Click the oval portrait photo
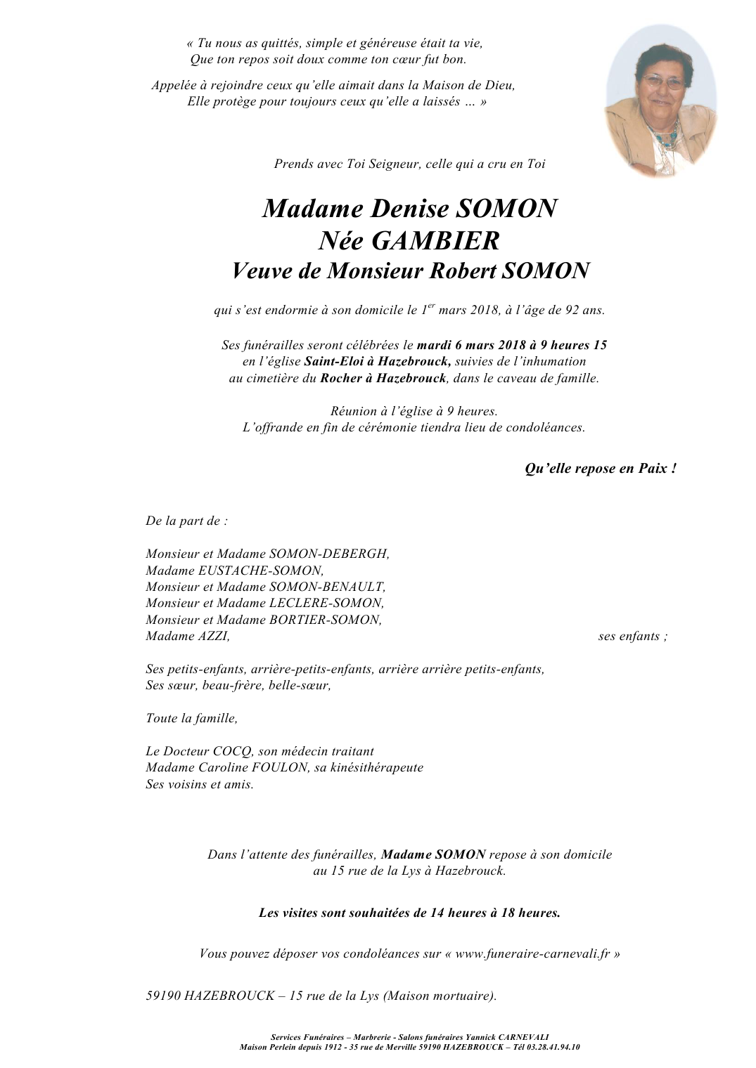(x=660, y=101)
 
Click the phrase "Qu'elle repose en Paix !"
(x=601, y=469)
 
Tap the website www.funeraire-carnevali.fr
(x=532, y=954)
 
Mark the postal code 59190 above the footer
(x=163, y=996)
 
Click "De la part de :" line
(x=186, y=521)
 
